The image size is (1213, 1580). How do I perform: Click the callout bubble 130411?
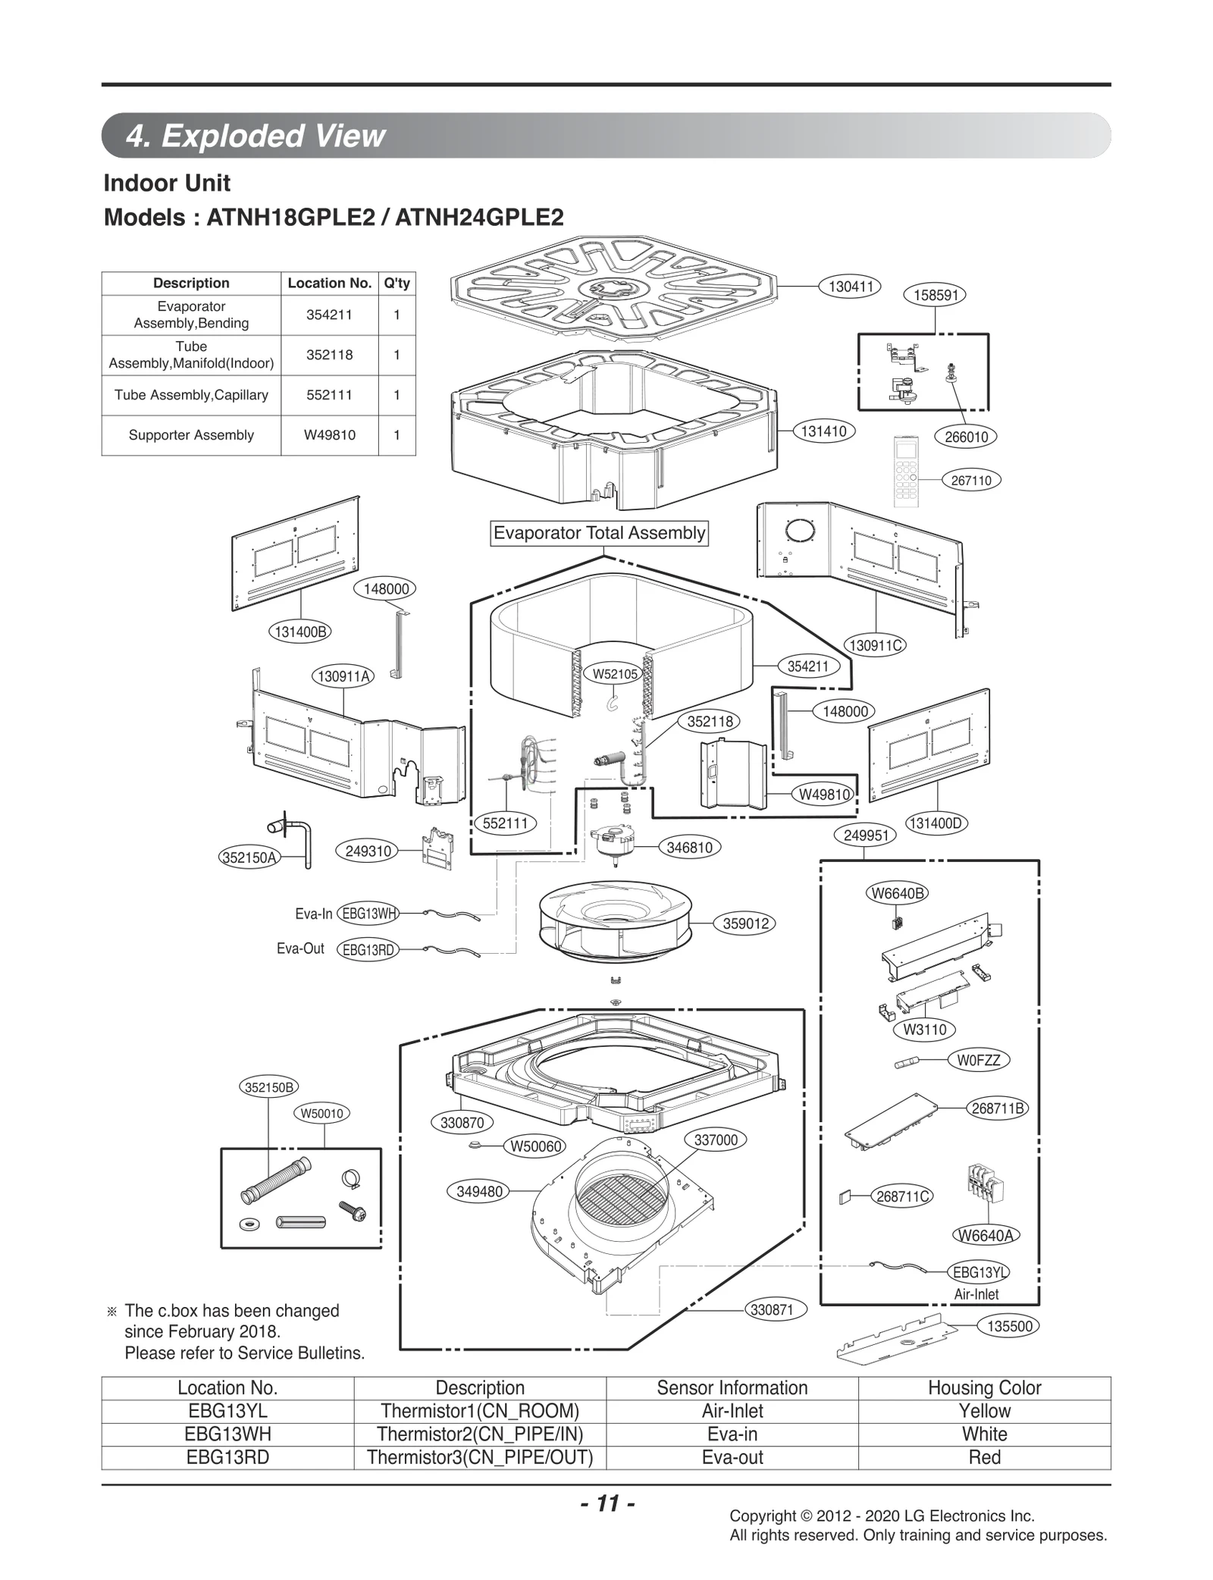(850, 287)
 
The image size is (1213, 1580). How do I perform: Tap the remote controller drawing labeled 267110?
(906, 471)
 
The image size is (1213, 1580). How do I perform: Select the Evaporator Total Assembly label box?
(599, 533)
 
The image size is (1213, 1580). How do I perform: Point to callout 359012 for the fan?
(746, 923)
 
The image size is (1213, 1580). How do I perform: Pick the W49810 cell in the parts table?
(329, 435)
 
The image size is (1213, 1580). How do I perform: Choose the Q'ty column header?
(396, 283)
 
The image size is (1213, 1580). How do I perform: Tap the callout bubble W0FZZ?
(979, 1061)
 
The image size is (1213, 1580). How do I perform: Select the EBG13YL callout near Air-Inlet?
(979, 1272)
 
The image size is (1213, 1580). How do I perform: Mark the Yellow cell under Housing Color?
(984, 1411)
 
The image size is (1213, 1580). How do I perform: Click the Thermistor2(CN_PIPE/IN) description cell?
(480, 1434)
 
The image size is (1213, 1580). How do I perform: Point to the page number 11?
(607, 1503)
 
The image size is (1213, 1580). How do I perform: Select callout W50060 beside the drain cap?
(535, 1146)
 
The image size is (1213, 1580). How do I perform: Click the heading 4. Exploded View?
(255, 136)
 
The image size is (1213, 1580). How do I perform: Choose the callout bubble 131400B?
(300, 632)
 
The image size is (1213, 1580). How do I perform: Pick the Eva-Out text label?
(300, 948)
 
